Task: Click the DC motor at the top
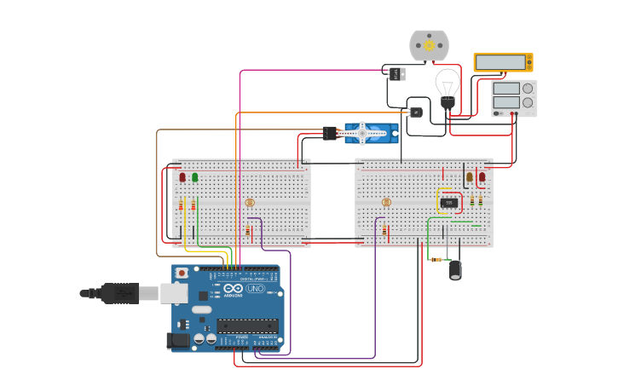coord(429,45)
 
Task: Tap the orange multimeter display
coord(503,62)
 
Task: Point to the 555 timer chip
coord(449,202)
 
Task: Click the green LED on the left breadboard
coord(195,177)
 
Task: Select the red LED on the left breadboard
coord(182,177)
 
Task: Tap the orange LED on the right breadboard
coord(469,177)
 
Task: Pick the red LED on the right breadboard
coord(482,177)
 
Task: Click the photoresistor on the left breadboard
coord(250,203)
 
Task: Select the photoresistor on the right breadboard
coord(386,203)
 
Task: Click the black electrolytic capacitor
coord(456,269)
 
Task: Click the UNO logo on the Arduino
coord(255,289)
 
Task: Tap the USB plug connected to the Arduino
coord(119,293)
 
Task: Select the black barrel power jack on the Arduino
coord(178,340)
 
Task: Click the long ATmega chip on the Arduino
coord(247,325)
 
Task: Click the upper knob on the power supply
coord(528,88)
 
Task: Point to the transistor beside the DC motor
coord(396,73)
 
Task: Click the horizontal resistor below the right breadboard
coord(437,259)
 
